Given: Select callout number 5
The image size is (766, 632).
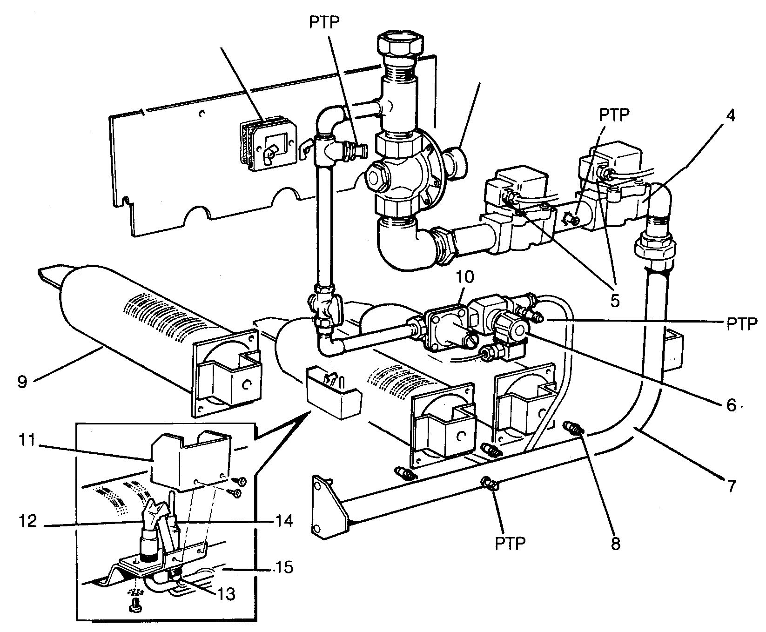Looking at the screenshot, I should coord(615,301).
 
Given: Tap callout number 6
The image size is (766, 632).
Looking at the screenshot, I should coord(731,405).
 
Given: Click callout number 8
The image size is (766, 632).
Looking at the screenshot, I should coord(616,543).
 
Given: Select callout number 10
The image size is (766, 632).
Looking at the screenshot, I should coord(465,277).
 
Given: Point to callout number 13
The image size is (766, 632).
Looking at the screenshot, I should coord(225,594).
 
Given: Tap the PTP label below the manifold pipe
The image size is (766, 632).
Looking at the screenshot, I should coord(511,543).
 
